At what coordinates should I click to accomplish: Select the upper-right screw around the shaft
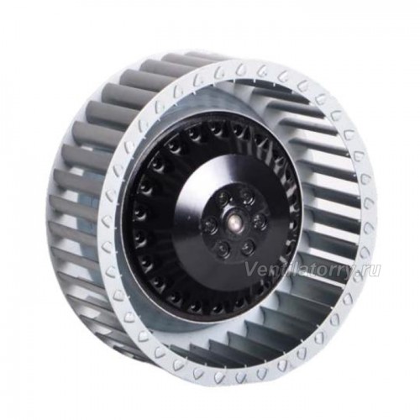tap(247, 194)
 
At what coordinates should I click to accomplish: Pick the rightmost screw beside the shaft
tap(259, 219)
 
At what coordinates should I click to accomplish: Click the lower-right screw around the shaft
tap(248, 247)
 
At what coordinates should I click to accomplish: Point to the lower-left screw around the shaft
tap(223, 247)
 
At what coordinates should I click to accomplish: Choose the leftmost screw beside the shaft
tap(209, 223)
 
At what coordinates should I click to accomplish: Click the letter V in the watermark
tap(251, 270)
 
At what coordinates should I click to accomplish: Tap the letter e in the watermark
tap(261, 271)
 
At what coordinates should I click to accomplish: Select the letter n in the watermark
tap(270, 271)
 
